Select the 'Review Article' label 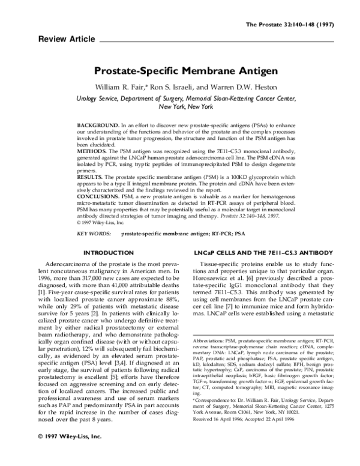(66, 39)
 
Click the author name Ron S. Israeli (181, 87)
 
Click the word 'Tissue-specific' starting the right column (228, 264)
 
